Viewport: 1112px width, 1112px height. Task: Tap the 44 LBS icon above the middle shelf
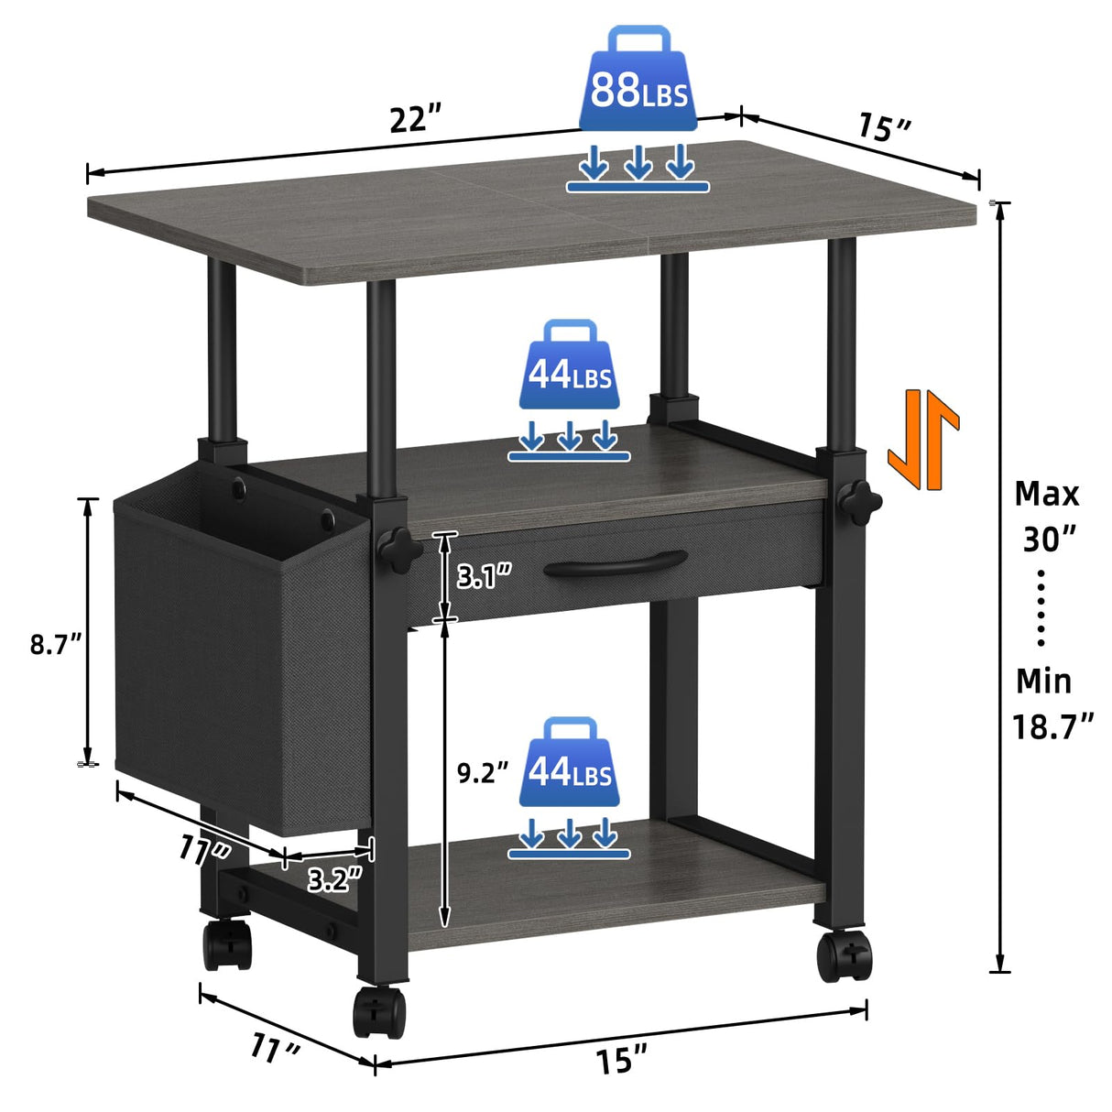click(569, 366)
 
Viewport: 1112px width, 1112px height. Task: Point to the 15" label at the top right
click(884, 126)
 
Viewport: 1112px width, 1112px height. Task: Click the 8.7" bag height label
click(56, 644)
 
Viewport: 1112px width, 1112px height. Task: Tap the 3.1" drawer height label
click(484, 576)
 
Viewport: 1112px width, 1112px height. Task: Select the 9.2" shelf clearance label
click(482, 773)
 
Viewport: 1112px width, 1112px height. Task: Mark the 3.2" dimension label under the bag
click(334, 880)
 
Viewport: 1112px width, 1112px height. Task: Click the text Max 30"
click(1047, 516)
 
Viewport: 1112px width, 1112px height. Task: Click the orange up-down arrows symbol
click(922, 439)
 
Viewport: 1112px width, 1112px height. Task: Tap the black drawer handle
click(616, 564)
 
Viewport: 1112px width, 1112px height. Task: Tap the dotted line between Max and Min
click(1041, 607)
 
